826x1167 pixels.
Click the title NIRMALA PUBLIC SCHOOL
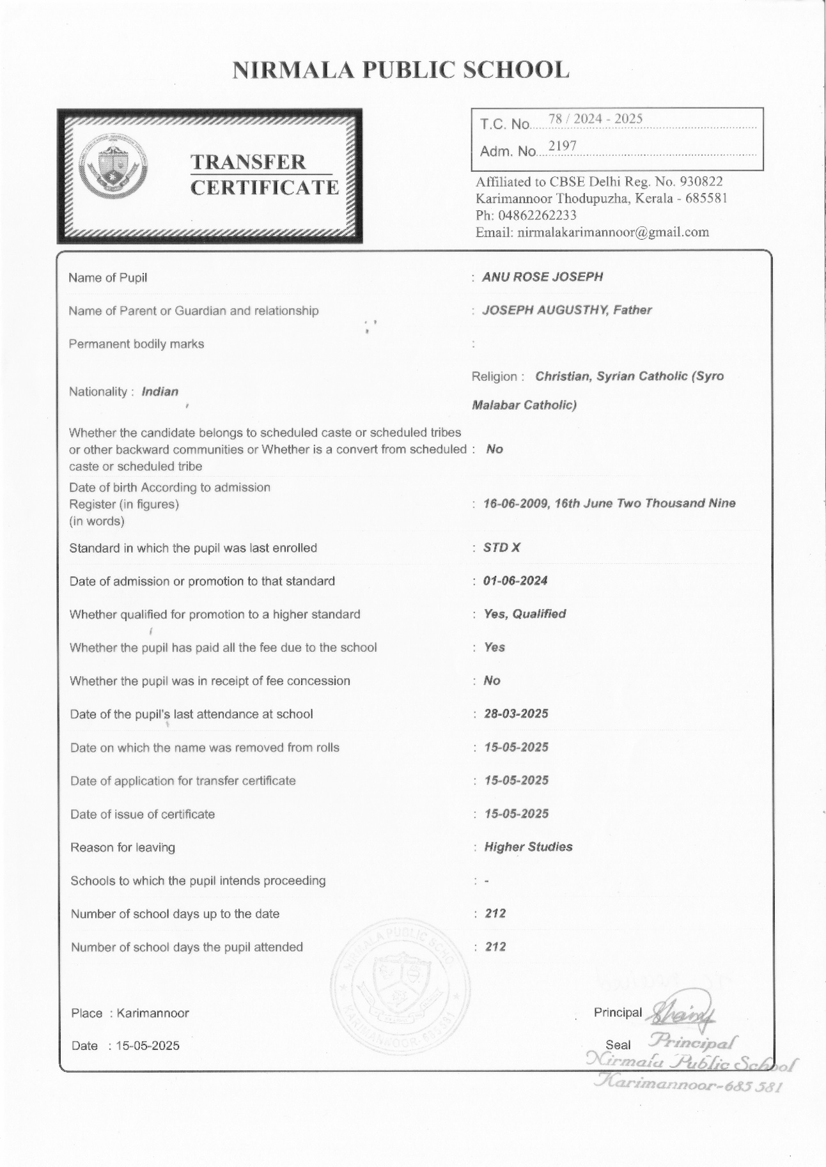coord(400,70)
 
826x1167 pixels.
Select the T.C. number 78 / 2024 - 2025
coord(595,119)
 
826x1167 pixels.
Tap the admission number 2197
coord(563,146)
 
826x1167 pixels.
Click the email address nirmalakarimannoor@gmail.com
coord(613,232)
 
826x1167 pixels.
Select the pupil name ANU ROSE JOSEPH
coord(542,277)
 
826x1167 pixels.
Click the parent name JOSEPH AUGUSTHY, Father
coord(567,311)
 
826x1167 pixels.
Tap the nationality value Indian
coord(160,392)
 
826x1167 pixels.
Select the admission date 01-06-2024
coord(515,581)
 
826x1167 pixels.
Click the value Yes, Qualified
coord(525,614)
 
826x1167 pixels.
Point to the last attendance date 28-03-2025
coord(516,714)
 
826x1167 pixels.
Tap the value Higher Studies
coord(528,847)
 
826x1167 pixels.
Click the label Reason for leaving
coord(123,848)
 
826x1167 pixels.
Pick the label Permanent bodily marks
coord(136,344)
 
